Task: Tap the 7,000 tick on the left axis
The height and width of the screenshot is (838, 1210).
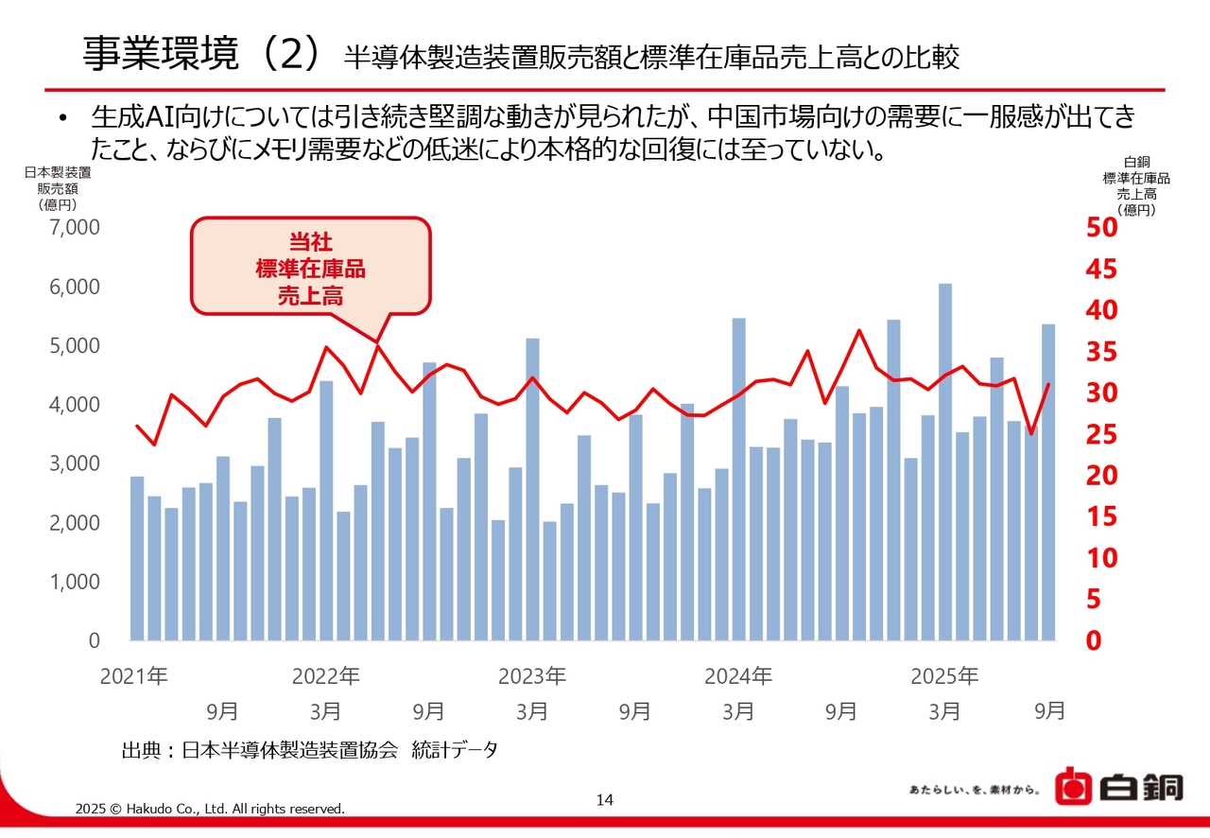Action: pos(73,228)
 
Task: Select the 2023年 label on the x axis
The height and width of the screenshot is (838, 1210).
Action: pos(532,676)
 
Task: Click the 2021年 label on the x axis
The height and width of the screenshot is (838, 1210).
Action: pos(133,676)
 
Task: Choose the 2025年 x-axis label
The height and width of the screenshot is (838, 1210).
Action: pos(944,676)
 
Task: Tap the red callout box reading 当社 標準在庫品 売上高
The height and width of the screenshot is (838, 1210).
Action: pos(310,266)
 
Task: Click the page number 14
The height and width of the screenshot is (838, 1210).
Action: pos(605,800)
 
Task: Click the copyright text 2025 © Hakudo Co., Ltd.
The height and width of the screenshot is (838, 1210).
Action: pos(210,809)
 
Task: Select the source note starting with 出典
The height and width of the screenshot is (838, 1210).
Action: pos(309,750)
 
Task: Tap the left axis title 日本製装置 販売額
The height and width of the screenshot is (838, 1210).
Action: pos(58,187)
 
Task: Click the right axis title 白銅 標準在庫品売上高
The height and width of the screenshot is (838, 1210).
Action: pos(1135,185)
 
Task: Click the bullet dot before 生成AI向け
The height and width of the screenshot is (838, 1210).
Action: pos(63,119)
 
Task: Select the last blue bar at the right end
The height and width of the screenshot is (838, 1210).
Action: pos(1048,481)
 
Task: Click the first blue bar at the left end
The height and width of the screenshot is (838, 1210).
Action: pos(137,558)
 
